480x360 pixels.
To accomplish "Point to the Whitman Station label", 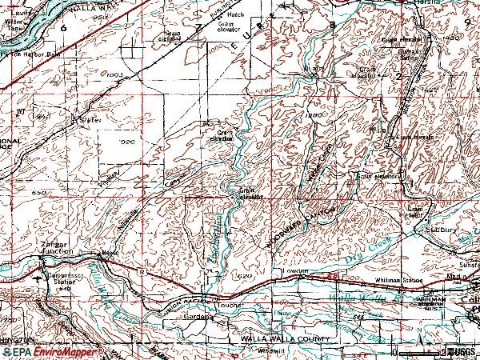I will [398, 279].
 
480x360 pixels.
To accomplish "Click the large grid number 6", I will [62, 27].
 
